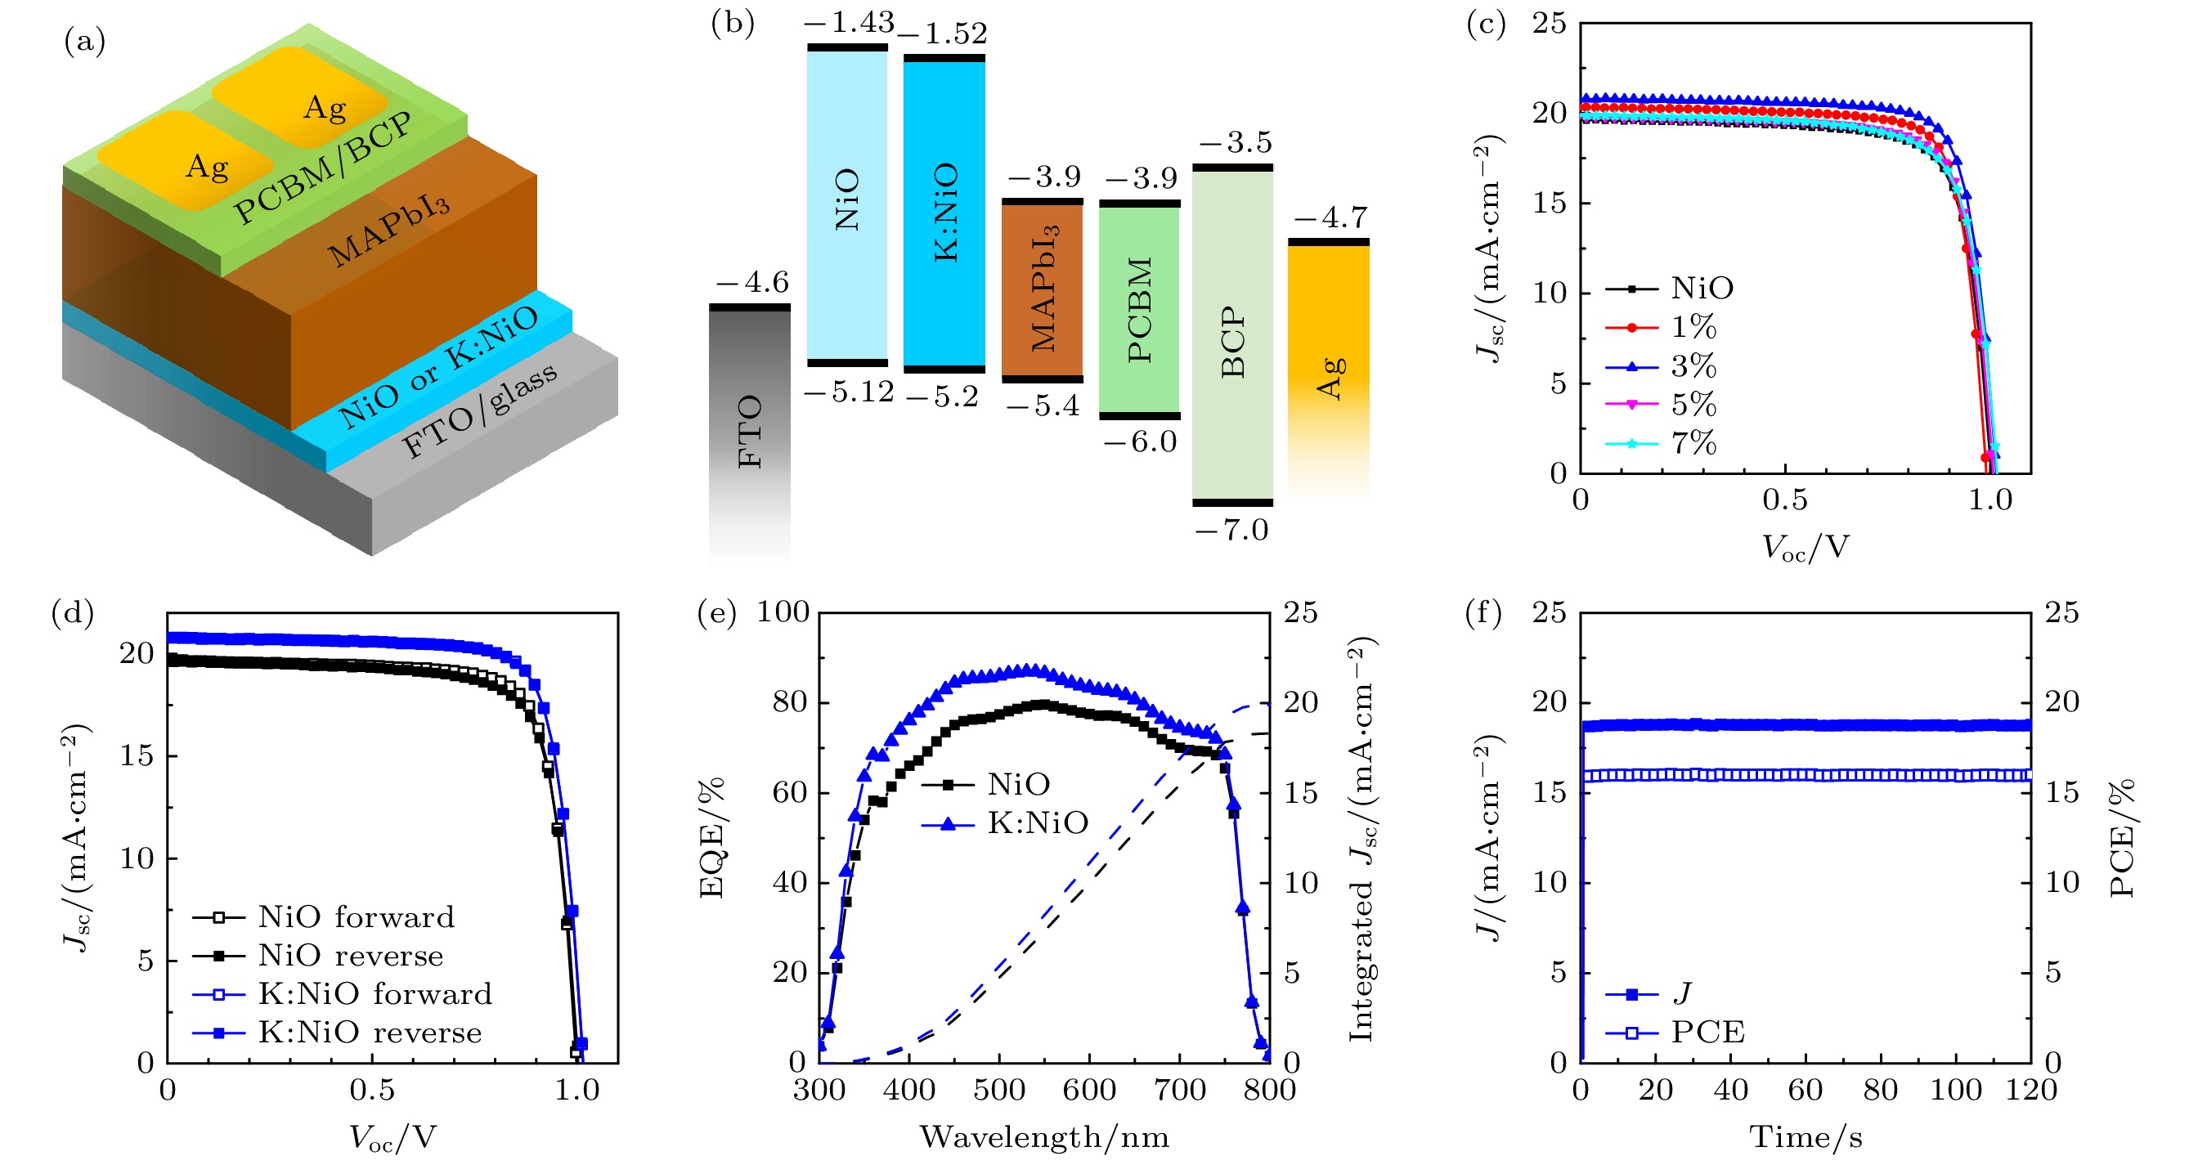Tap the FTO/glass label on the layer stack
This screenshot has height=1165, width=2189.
(479, 410)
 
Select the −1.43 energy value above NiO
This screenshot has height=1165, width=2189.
(849, 22)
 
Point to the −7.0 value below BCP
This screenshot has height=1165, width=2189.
(1231, 531)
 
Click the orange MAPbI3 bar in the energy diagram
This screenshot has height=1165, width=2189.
(1043, 289)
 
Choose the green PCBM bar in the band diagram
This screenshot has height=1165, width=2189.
(1140, 309)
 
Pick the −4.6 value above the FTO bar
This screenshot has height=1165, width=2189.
(752, 282)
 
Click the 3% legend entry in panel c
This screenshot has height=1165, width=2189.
(1693, 366)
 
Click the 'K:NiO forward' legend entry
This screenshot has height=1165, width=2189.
(375, 994)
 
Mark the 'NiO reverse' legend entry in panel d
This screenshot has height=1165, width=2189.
(350, 956)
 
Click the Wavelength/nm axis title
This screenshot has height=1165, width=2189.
(1044, 1137)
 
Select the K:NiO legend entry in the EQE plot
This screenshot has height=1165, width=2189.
(1037, 822)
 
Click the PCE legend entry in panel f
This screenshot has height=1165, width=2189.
(1707, 1033)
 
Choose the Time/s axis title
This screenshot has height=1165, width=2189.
(1805, 1137)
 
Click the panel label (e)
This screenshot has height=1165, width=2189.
(716, 612)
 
